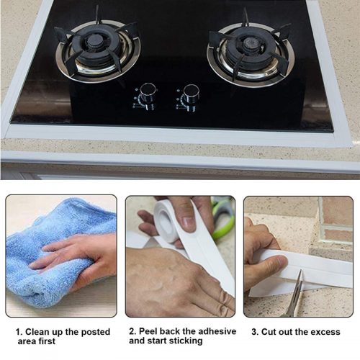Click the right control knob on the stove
click(x=190, y=96)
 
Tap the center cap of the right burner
click(x=250, y=44)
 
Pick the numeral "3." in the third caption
click(x=255, y=332)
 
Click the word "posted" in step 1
click(x=96, y=332)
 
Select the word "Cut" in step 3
click(x=269, y=332)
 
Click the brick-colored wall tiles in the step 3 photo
click(x=337, y=221)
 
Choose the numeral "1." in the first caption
click(x=19, y=332)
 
